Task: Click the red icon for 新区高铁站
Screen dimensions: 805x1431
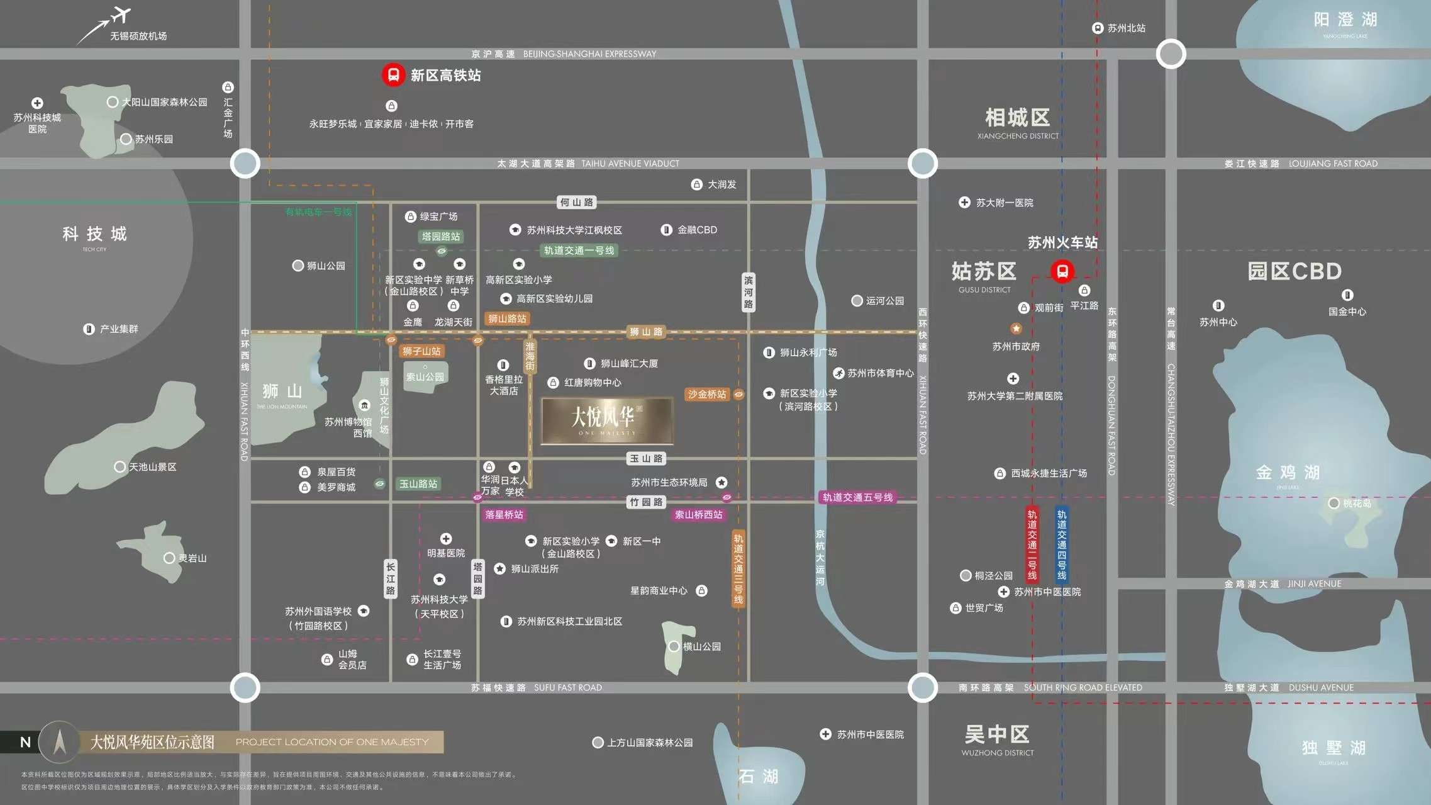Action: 393,75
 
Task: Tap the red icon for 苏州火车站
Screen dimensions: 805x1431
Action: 1062,271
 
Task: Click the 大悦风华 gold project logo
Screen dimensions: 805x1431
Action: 607,420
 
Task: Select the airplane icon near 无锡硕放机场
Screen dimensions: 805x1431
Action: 121,14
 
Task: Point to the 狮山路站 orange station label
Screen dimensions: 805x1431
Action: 507,318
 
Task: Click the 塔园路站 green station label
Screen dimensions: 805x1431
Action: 441,237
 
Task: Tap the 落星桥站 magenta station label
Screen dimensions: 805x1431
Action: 504,514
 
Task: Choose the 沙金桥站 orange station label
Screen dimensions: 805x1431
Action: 707,394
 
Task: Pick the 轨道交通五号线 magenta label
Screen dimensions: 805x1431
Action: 857,497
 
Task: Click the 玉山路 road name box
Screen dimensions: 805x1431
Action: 646,458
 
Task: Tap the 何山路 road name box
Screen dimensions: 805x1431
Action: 576,202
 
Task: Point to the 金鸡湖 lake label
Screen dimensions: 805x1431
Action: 1288,472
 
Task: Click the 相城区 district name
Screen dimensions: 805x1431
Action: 1017,118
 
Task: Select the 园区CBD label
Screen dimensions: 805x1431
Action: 1295,271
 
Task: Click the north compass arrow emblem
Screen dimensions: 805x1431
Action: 60,741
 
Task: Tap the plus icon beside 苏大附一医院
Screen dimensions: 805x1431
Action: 964,202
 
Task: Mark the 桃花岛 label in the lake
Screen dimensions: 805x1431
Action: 1357,504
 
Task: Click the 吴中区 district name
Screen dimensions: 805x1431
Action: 997,734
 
